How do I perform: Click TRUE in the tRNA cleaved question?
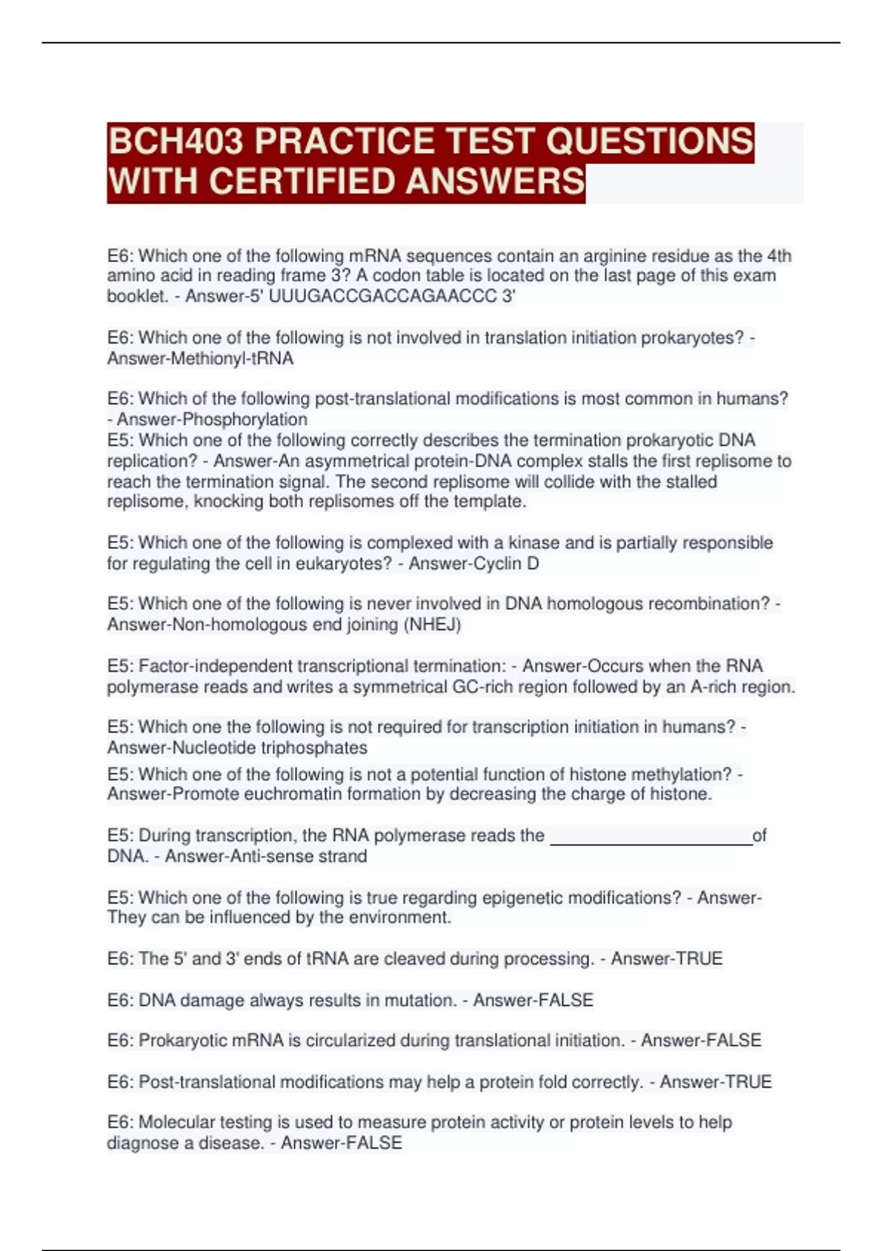point(699,959)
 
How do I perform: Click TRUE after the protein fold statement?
point(748,1082)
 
